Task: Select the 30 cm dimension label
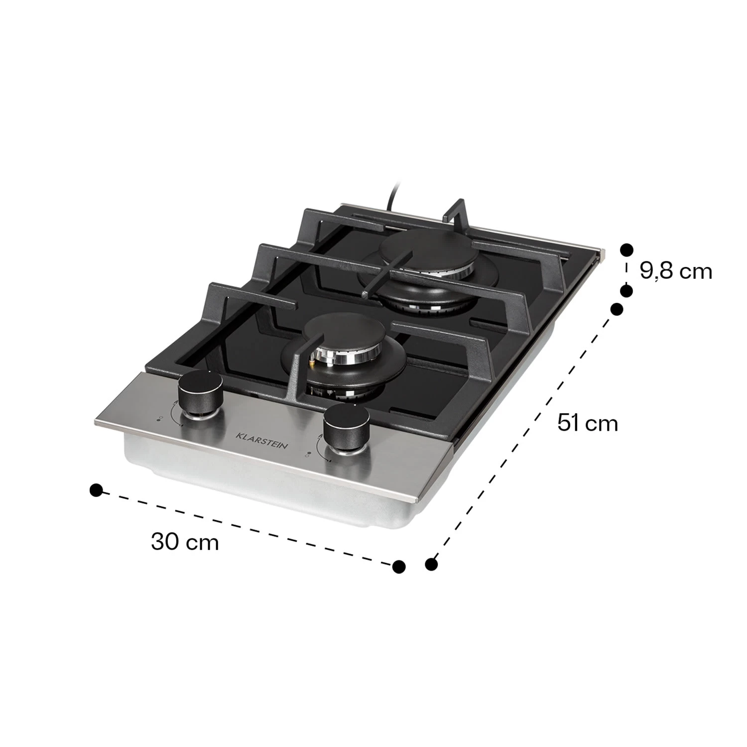(185, 541)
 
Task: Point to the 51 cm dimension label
(588, 423)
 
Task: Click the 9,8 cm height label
(676, 271)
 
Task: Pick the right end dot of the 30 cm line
(399, 566)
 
